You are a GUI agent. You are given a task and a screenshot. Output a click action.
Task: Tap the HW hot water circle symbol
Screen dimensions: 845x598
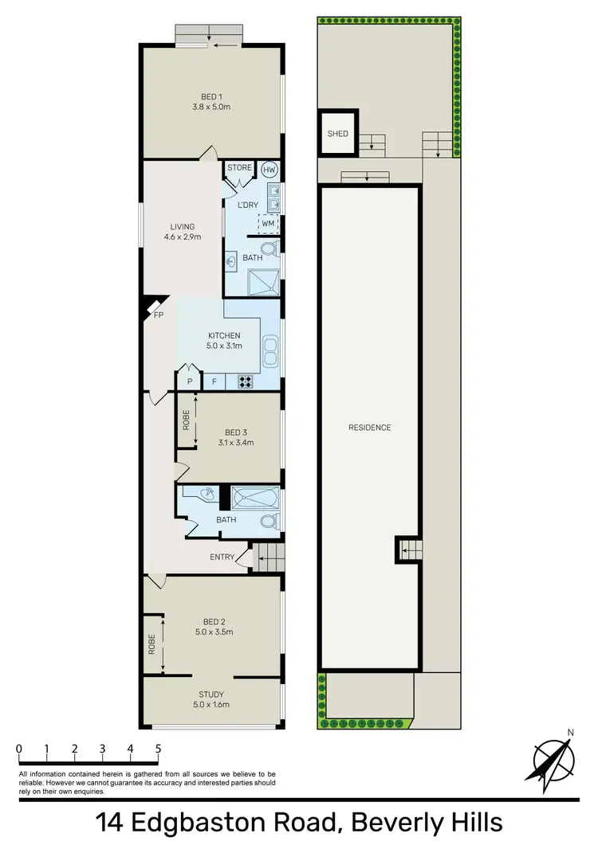pos(269,169)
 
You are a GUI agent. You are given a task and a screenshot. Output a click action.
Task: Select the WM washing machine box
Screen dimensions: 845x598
pos(269,225)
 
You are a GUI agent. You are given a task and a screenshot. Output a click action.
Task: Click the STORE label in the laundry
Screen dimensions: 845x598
pos(239,168)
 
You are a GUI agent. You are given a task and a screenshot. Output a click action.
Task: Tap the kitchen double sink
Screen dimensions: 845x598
pos(270,350)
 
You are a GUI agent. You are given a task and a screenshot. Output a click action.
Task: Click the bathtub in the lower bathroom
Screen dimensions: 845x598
pos(250,499)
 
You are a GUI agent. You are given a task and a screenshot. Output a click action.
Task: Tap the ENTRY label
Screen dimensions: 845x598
pos(222,557)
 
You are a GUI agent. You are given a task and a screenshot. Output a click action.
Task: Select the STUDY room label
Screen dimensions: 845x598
pos(211,694)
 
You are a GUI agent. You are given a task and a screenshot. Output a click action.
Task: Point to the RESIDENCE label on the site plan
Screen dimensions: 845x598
pos(369,428)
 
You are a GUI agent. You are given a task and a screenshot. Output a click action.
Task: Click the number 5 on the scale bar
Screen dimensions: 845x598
pos(158,749)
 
